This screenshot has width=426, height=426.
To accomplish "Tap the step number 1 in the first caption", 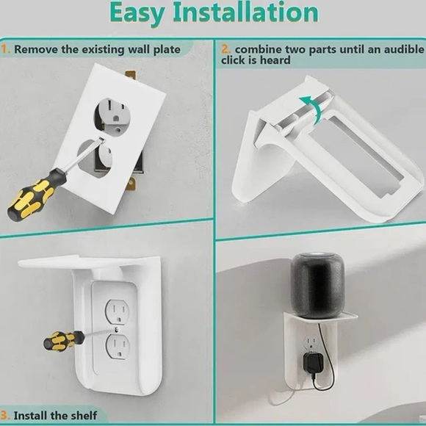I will click(4, 50).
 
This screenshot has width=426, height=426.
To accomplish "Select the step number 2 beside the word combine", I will click(225, 49).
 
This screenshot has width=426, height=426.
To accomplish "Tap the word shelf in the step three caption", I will click(82, 416).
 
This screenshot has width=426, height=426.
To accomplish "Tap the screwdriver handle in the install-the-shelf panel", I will click(63, 340).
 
